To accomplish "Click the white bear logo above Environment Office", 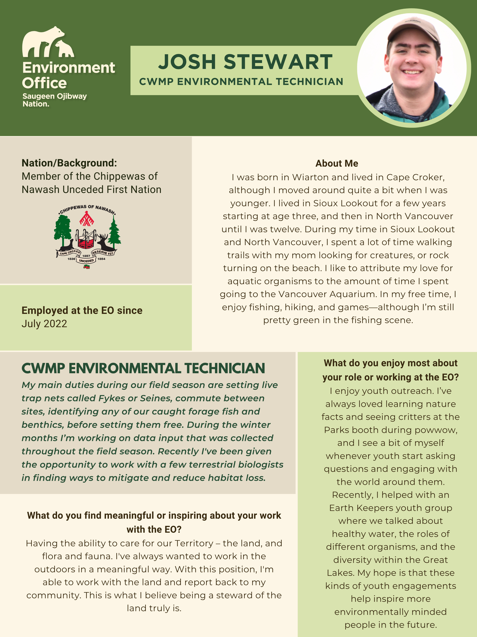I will [x=47, y=43].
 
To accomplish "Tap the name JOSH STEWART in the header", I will [x=245, y=62].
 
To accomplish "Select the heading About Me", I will [x=337, y=163].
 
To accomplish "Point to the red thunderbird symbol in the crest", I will [x=86, y=219].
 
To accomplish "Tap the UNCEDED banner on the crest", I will [x=86, y=261].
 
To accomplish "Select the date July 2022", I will [x=44, y=324].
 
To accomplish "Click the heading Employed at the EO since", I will [x=82, y=310].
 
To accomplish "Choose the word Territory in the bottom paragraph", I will [x=194, y=543].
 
